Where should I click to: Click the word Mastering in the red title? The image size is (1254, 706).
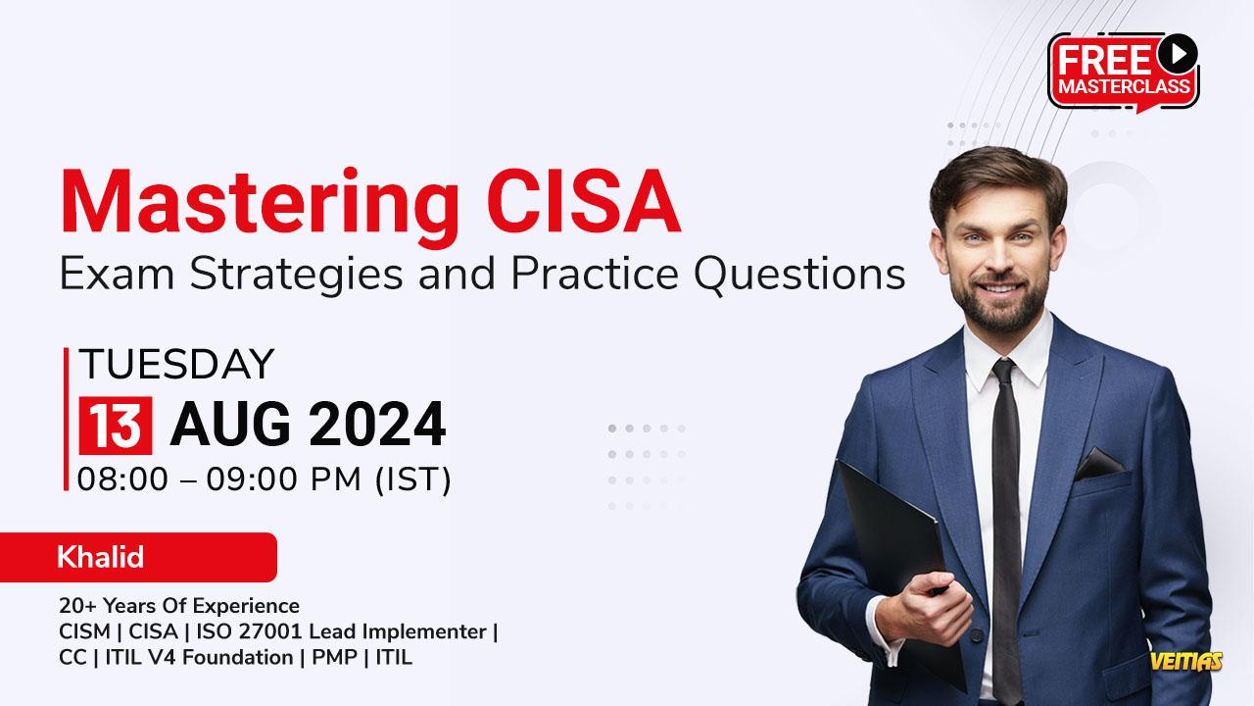260,206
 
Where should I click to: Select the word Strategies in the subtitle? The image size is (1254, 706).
296,276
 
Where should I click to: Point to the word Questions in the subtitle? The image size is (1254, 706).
799,275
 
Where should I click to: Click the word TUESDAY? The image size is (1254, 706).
176,364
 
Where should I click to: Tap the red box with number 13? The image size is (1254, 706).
116,426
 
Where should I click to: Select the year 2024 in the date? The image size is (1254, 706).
377,425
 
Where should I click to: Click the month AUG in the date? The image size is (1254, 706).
230,425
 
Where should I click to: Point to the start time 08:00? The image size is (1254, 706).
122,479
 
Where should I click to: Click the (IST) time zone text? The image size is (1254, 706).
412,479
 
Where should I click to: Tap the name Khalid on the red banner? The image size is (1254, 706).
101,557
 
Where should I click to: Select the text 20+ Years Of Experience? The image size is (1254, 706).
179,606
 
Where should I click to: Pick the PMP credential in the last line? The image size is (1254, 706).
334,657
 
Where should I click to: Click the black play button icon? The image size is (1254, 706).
1178,54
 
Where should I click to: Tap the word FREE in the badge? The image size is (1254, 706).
1104,61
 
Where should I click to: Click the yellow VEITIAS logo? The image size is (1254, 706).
1186,661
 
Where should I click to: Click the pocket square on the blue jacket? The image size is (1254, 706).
1099,465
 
